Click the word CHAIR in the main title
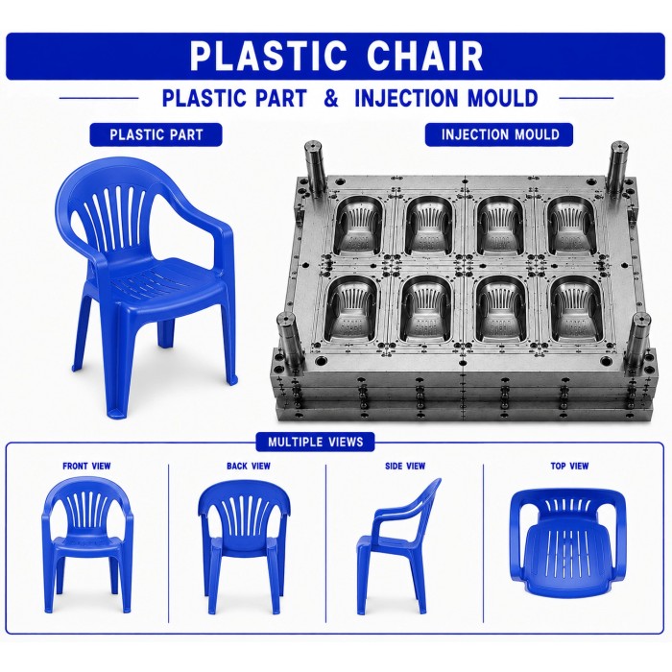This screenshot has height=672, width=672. coord(425,56)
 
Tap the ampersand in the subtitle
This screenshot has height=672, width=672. coord(331,98)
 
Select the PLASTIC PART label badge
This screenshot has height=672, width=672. coord(156,135)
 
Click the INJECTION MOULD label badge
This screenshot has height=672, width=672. coord(499,134)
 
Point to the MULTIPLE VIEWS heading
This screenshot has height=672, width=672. coord(316,442)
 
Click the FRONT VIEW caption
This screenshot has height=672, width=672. coord(87,466)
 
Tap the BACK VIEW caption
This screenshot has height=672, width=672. coord(249,466)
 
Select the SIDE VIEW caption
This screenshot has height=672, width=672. coord(405,466)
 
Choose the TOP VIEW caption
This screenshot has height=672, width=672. coord(569,466)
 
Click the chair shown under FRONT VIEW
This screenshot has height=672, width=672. coord(88,544)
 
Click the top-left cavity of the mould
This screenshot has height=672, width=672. coord(359,227)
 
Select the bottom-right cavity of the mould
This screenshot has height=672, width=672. coord(574,309)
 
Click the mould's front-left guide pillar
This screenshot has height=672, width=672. coord(287,343)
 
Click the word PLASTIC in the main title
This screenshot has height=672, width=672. coord(268,56)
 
